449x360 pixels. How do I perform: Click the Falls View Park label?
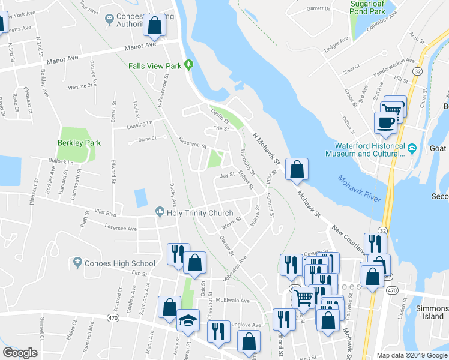154,65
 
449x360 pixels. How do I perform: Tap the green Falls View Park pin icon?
189,64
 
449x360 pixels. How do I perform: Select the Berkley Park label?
79,143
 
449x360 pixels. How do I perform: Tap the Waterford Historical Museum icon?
412,148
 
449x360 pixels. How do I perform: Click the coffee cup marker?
386,123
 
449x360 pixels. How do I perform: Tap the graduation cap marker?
188,322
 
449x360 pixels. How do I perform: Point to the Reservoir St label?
192,143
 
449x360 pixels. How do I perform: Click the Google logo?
20,353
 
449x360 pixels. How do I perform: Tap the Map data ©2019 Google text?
412,355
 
